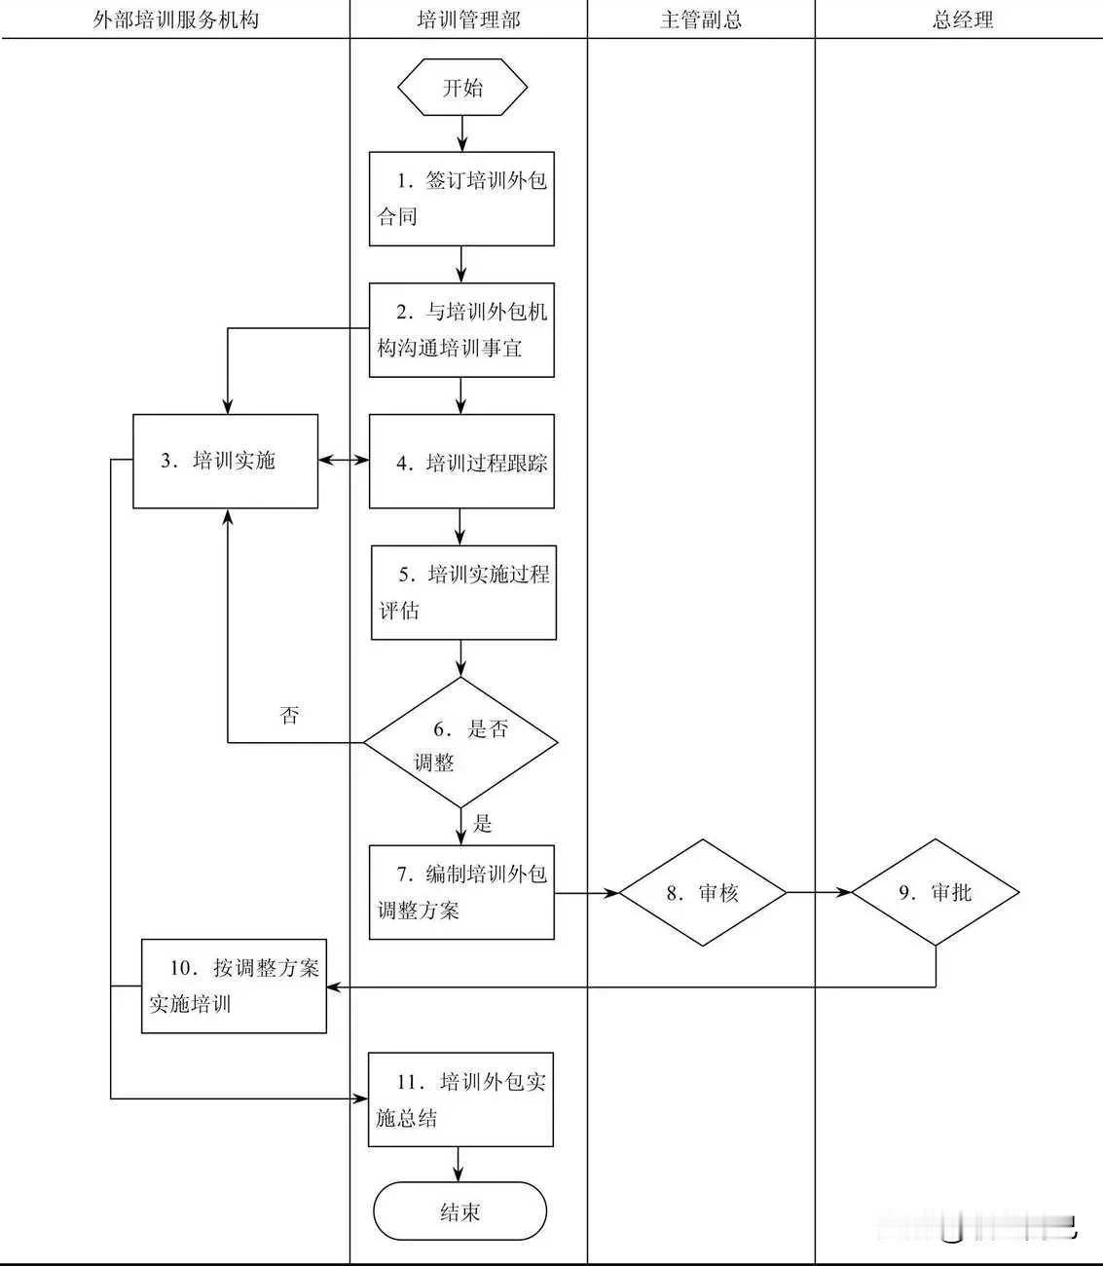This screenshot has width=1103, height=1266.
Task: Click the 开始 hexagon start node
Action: pos(462,88)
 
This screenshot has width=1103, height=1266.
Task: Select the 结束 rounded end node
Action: pos(460,1212)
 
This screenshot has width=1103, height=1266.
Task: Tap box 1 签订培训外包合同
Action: pos(461,199)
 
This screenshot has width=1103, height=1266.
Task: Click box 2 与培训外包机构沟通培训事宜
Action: pos(461,330)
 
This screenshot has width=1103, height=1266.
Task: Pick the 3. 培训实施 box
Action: pos(225,461)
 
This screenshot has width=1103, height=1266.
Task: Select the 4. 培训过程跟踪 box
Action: pos(461,462)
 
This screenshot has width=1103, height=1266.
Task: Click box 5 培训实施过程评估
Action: pos(463,592)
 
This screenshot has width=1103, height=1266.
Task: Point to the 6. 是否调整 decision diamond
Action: pos(460,744)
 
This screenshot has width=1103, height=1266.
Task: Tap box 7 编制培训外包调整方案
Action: pos(461,892)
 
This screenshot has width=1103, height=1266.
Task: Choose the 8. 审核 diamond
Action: pos(703,892)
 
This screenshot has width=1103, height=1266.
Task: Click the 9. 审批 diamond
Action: pos(936,892)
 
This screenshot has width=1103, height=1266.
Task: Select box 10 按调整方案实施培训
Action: pos(234,986)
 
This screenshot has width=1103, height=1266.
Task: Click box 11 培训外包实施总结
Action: pos(460,1099)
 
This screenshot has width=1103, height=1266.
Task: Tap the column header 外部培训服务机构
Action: pos(176,19)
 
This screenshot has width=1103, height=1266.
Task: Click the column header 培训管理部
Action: pos(468,19)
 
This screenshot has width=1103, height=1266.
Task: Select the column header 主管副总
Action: pos(701,19)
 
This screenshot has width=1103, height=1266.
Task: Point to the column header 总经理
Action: pos(963,19)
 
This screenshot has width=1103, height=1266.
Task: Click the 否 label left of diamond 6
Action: pos(289,716)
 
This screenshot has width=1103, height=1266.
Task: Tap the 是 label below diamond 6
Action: pos(483,824)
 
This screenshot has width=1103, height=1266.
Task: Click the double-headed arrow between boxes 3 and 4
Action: pos(344,459)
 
